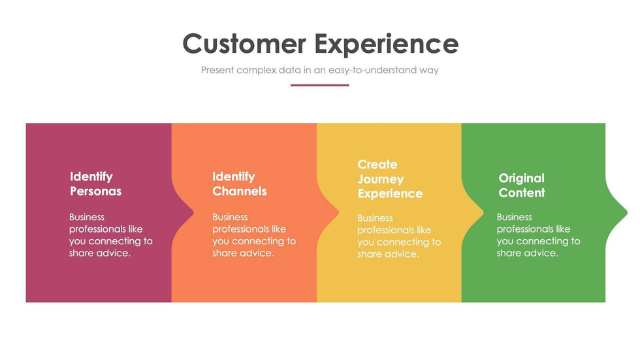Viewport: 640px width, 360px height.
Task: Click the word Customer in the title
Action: click(x=244, y=44)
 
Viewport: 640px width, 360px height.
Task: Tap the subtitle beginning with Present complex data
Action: click(x=319, y=70)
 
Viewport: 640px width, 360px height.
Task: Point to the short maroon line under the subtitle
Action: click(x=319, y=86)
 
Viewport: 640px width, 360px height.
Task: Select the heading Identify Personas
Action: click(x=95, y=184)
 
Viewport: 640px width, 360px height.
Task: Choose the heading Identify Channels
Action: click(x=239, y=184)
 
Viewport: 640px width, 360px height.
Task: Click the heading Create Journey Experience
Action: click(x=390, y=179)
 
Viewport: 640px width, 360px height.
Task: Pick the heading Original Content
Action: click(x=522, y=186)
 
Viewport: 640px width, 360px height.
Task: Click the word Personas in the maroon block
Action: click(x=95, y=191)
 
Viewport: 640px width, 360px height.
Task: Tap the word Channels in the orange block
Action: click(x=239, y=191)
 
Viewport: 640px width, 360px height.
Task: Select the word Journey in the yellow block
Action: click(x=380, y=180)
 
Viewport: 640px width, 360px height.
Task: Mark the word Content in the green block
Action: click(x=522, y=193)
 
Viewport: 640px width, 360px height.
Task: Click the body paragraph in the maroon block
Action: click(x=110, y=235)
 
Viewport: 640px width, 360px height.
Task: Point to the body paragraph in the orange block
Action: click(x=254, y=235)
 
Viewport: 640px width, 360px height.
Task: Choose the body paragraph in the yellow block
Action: click(x=399, y=236)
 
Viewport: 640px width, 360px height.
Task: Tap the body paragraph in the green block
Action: click(x=538, y=235)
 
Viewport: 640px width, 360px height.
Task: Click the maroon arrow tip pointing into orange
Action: click(x=193, y=212)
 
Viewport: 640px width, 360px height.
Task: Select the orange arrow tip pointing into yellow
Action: click(x=338, y=212)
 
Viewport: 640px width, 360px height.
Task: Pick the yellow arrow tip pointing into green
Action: click(x=483, y=212)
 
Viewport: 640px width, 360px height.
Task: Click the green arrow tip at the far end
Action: click(x=627, y=212)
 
